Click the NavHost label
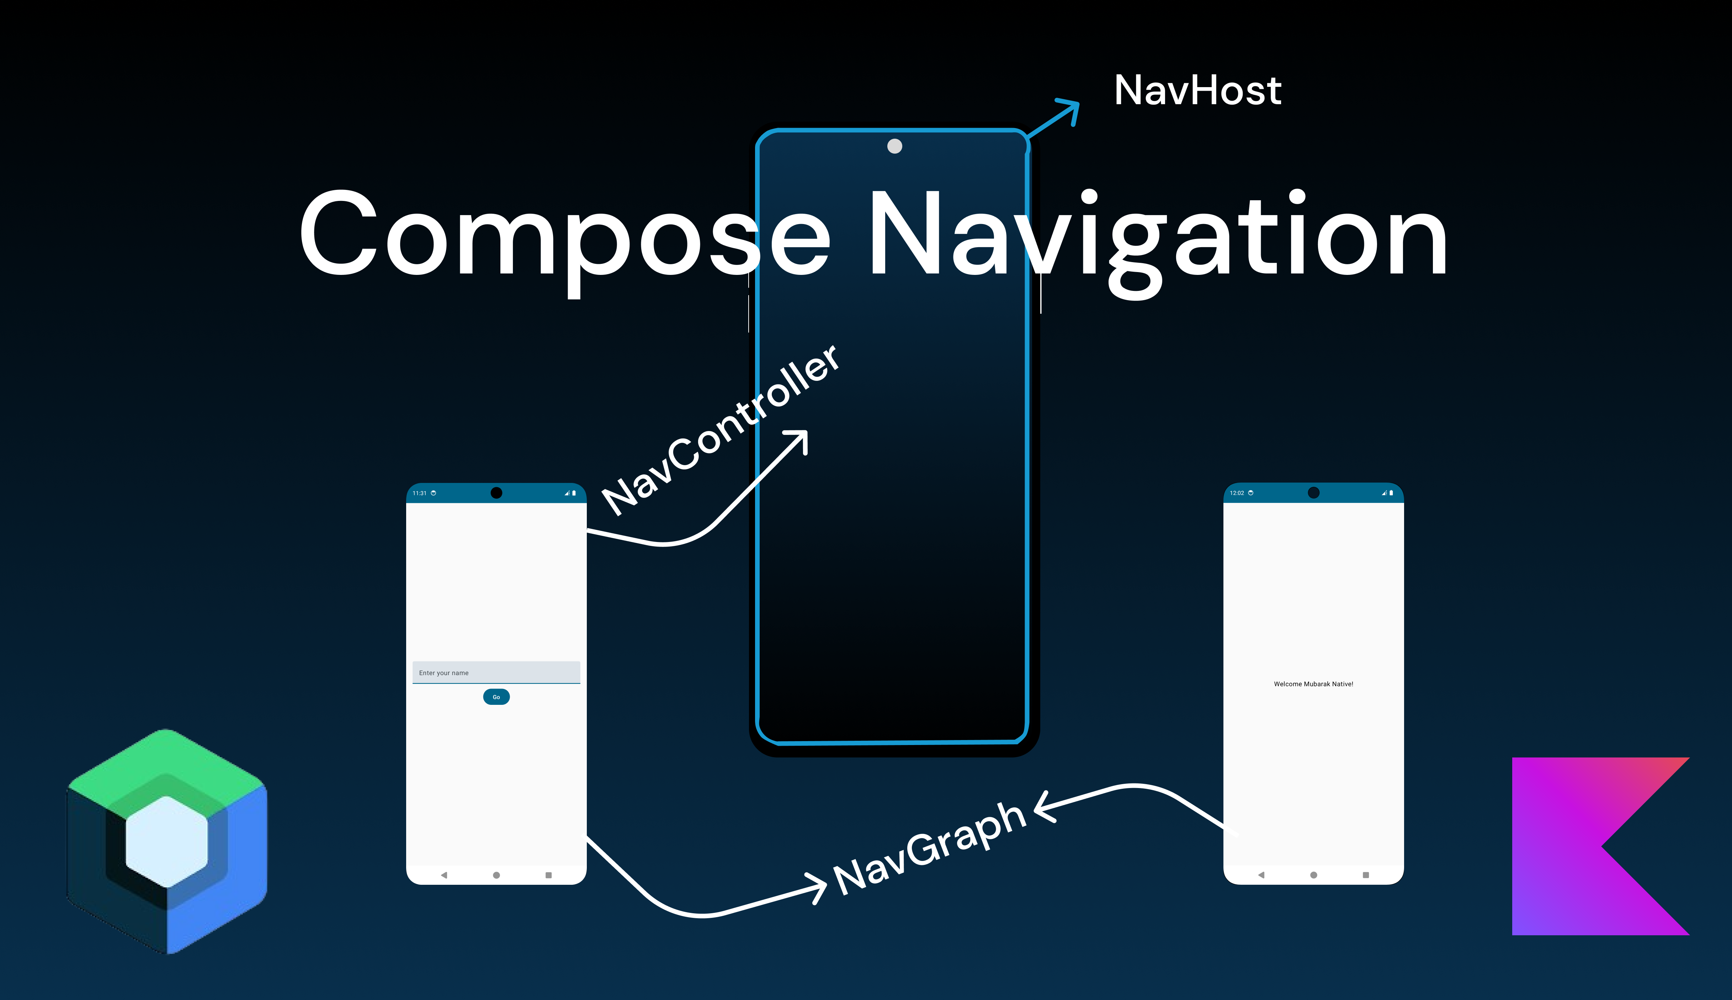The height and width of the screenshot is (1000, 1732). (x=1197, y=91)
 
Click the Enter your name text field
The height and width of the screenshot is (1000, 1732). (x=496, y=672)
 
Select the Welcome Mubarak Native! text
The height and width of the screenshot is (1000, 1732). (x=1313, y=684)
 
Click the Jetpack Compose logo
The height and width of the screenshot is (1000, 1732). (x=167, y=841)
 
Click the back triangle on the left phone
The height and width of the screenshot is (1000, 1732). (x=443, y=875)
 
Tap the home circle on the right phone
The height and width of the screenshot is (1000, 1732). (x=1313, y=875)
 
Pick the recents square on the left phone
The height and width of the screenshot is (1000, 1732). (x=548, y=875)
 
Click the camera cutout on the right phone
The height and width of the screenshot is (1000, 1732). (x=1313, y=493)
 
